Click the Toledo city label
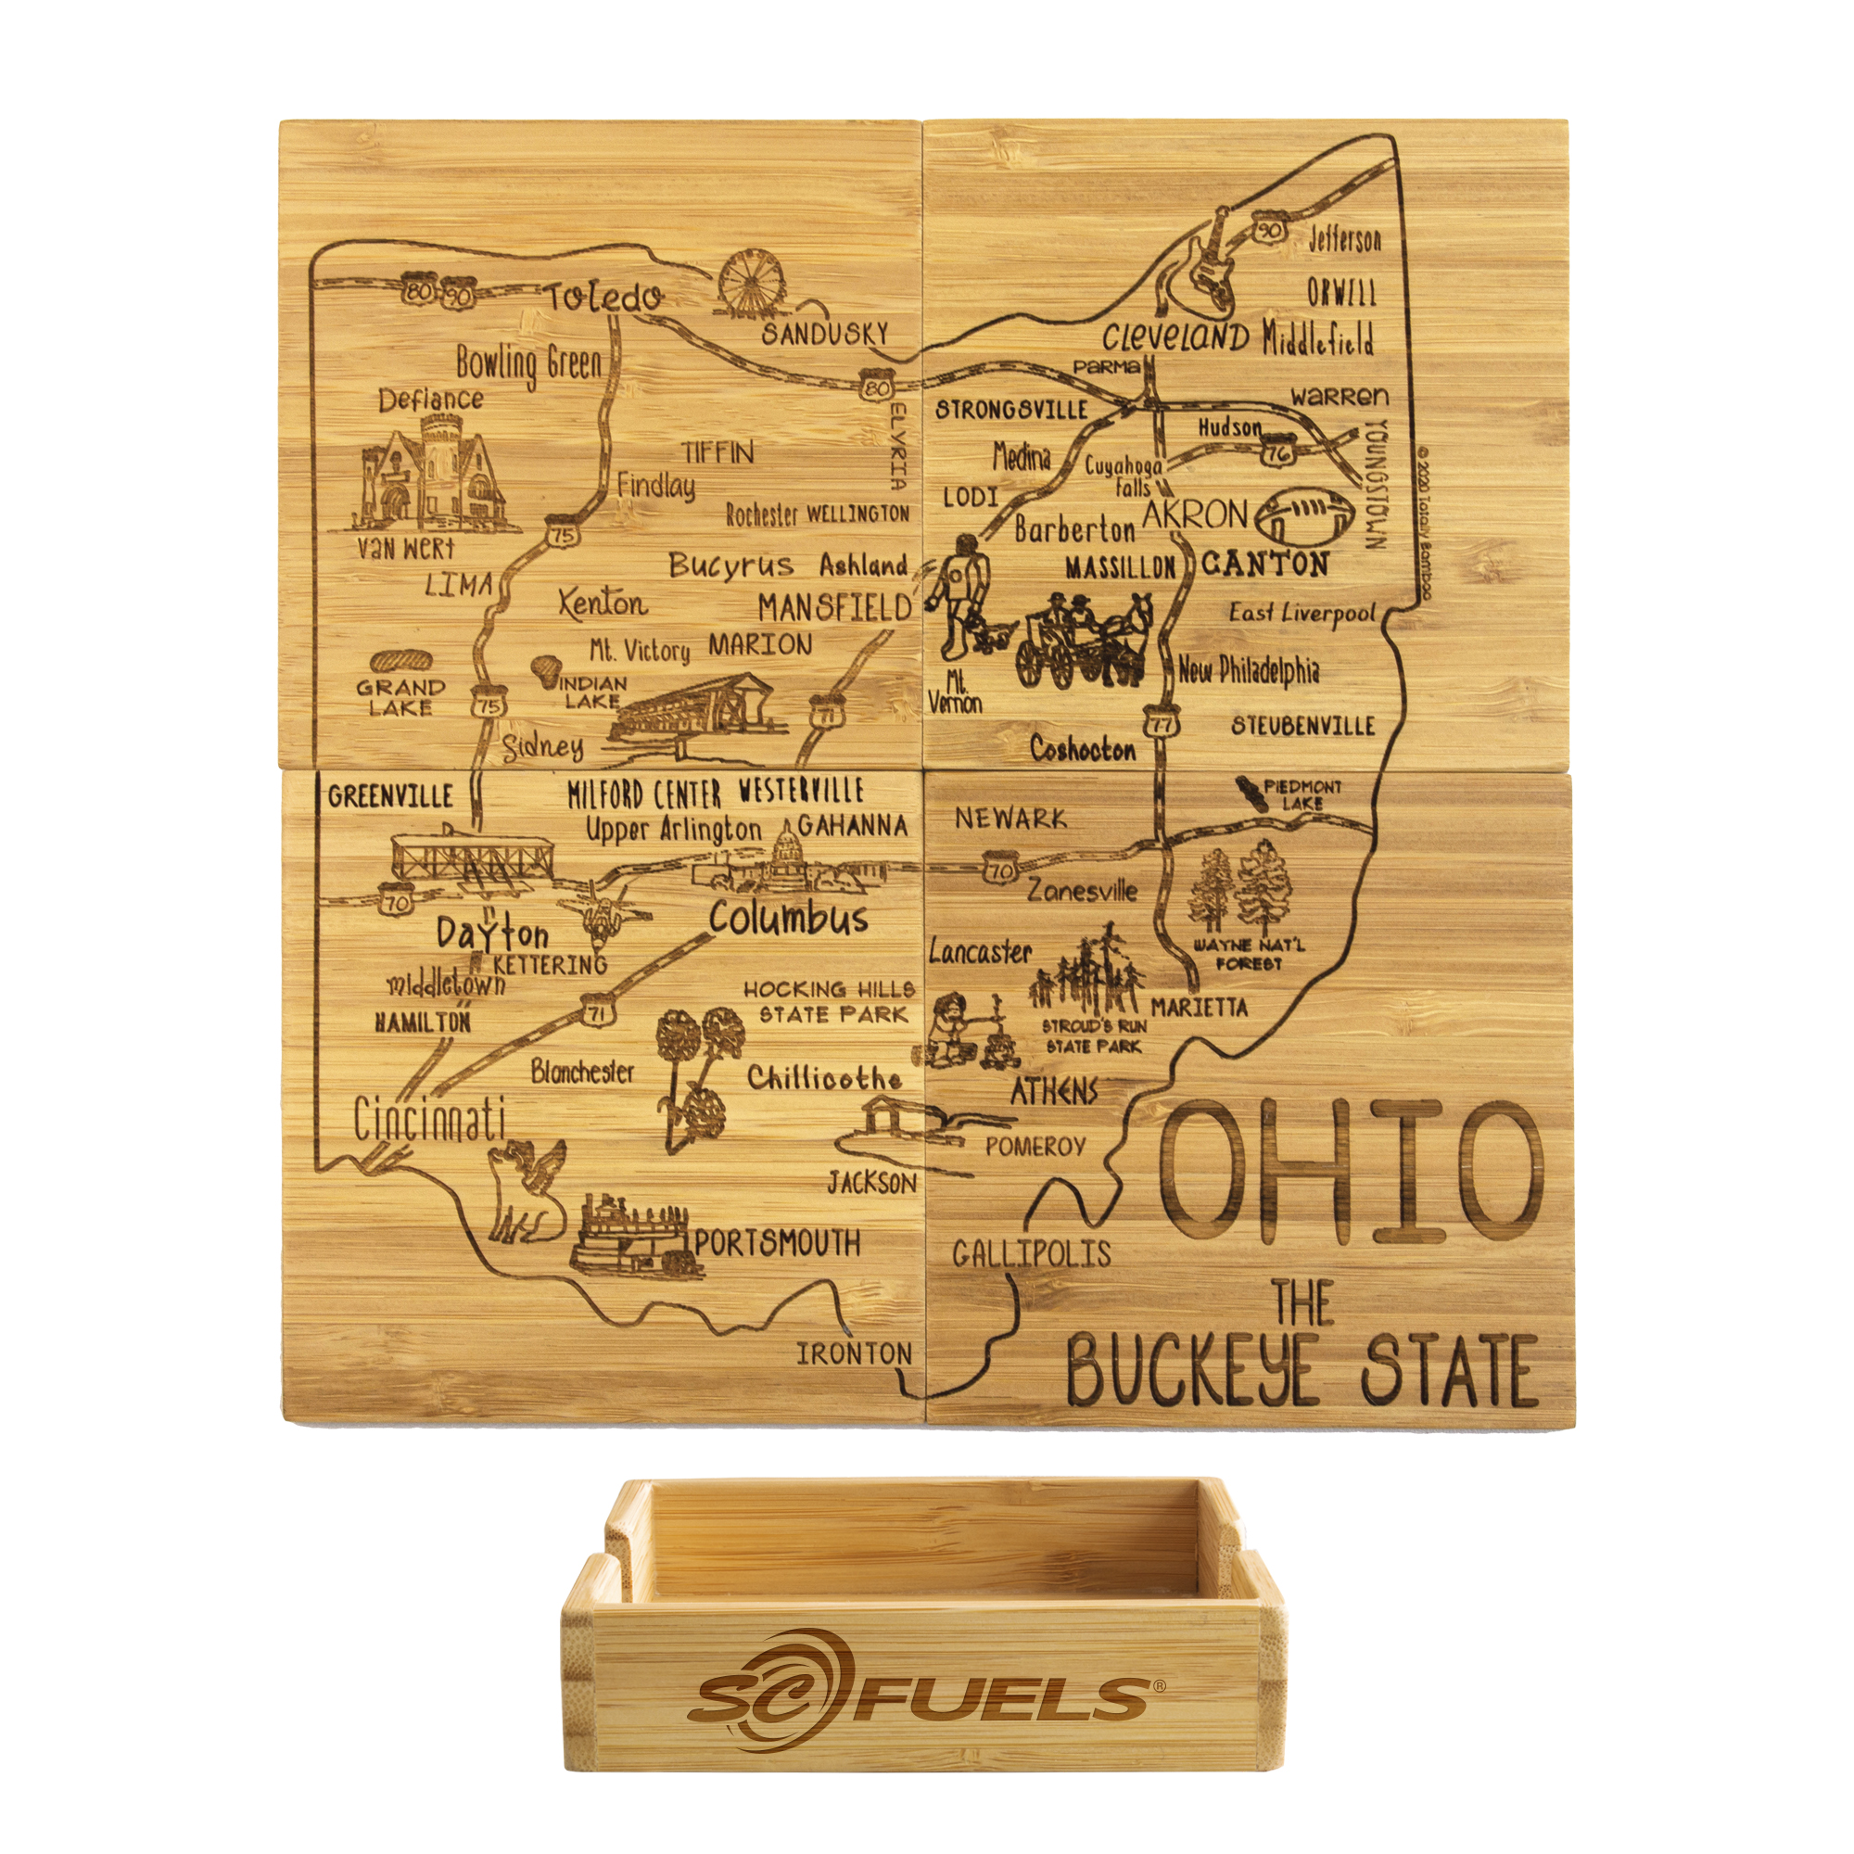(x=603, y=298)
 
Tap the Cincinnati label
(x=429, y=1119)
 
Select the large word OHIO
(x=1351, y=1174)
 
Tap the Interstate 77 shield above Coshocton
(x=1162, y=724)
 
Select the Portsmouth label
(x=778, y=1244)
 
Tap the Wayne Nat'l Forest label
(x=1249, y=954)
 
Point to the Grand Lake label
(x=400, y=698)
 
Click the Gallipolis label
(x=1032, y=1253)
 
